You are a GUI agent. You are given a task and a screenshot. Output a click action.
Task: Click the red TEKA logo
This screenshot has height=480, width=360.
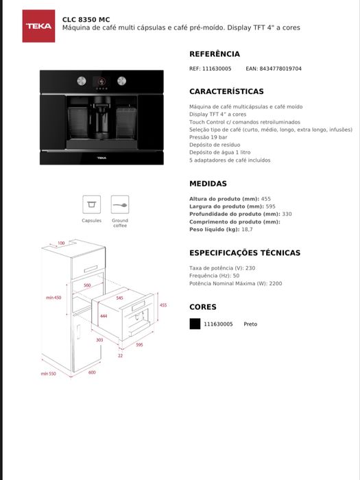coord(38,26)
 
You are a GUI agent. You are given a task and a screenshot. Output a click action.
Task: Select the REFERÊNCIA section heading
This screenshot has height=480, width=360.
coord(215,53)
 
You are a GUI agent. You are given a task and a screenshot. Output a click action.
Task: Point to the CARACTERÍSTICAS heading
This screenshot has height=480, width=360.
coord(226,91)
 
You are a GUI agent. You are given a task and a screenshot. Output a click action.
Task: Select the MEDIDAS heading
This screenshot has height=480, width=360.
coord(208,184)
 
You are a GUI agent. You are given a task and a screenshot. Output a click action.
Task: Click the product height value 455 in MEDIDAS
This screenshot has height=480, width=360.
coord(266,199)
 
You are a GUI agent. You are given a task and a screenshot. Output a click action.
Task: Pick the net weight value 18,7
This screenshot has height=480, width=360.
coord(247,229)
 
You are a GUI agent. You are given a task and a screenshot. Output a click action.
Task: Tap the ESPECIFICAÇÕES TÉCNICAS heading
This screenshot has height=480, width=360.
coord(244,252)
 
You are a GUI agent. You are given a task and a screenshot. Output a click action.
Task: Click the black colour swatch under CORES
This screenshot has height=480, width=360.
coord(195,324)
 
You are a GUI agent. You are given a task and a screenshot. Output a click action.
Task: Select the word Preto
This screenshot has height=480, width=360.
coord(250,324)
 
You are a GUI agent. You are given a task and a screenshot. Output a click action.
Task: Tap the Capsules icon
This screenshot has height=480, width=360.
coord(92,204)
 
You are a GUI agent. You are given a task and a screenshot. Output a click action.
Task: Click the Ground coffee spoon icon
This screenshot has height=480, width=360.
coord(120,204)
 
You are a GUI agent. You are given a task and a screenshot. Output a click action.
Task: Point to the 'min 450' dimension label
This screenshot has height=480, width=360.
coord(53,298)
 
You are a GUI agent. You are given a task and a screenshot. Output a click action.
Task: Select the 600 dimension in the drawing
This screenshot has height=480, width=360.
coord(92,372)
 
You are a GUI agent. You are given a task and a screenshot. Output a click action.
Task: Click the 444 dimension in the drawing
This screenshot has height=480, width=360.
coord(104,316)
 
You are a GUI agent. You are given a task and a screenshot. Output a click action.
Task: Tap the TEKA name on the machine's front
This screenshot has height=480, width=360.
coord(101,158)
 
